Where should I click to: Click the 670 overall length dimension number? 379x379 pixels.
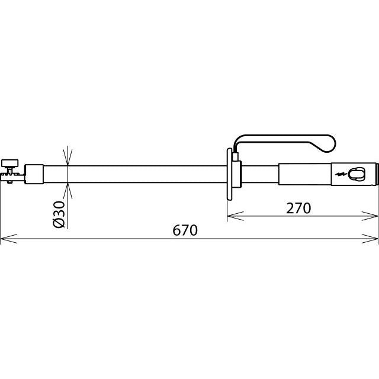pyautogui.click(x=185, y=230)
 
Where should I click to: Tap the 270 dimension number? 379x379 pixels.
pyautogui.click(x=298, y=208)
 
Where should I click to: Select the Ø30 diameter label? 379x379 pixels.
pyautogui.click(x=59, y=214)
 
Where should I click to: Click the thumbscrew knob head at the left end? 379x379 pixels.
pyautogui.click(x=10, y=163)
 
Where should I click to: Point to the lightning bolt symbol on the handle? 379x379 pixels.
pyautogui.click(x=341, y=174)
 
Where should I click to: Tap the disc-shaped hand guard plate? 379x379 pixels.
pyautogui.click(x=229, y=174)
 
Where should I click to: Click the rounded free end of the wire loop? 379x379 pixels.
pyautogui.click(x=330, y=144)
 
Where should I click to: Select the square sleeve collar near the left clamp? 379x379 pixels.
pyautogui.click(x=34, y=174)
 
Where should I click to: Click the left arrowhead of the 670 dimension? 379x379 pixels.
pyautogui.click(x=9, y=239)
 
